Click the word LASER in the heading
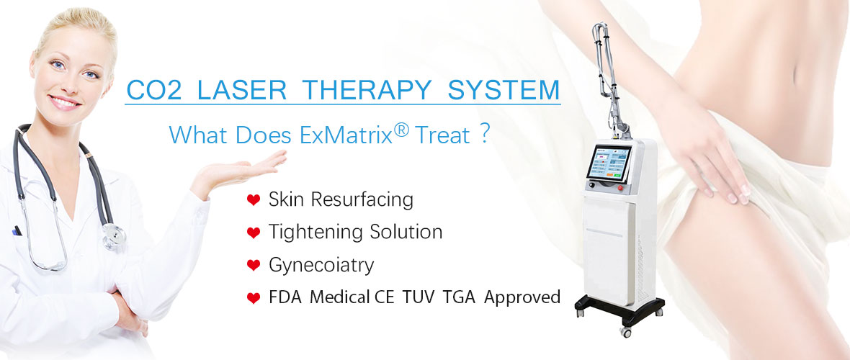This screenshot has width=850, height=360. [242, 90]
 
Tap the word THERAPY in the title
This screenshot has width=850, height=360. [367, 90]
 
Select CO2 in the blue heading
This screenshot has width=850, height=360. [153, 90]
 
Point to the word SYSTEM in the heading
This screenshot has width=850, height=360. [504, 90]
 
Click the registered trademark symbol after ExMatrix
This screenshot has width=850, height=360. [401, 130]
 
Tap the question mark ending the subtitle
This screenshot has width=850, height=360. [485, 134]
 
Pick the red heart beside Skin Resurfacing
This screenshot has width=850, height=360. [253, 199]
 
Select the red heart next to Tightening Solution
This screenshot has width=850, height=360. [253, 233]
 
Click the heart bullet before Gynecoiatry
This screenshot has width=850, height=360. [253, 265]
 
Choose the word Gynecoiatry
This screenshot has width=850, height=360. [321, 266]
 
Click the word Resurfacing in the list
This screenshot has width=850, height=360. [362, 199]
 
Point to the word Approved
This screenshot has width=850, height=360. [522, 297]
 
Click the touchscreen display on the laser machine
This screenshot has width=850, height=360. [609, 163]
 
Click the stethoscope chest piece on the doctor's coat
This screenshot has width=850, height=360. [114, 237]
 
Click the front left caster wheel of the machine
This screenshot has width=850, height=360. [626, 330]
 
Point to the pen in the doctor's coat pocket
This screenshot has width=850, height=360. [17, 230]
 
